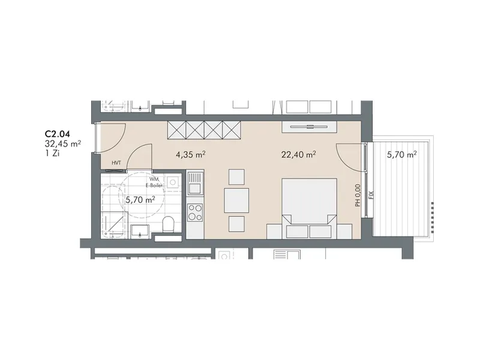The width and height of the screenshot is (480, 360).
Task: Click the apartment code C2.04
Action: [57, 134]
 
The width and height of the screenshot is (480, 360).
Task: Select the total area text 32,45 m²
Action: [63, 143]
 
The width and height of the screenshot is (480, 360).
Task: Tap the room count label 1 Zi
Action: [52, 154]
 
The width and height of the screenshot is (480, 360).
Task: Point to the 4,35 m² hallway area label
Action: [190, 155]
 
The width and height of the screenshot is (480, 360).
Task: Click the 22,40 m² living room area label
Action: [298, 155]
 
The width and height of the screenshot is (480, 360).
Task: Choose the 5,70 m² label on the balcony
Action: [401, 155]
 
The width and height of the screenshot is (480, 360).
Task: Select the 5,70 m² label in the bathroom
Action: [140, 200]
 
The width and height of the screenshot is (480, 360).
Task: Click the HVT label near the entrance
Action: [116, 163]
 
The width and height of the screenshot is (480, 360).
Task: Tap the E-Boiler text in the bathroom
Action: [156, 185]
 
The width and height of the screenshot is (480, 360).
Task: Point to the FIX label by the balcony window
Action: [371, 194]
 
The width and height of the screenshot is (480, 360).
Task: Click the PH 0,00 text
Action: [358, 195]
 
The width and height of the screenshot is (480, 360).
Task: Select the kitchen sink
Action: [196, 183]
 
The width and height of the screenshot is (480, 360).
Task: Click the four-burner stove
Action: [196, 212]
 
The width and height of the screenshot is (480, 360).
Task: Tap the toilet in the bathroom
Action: [168, 224]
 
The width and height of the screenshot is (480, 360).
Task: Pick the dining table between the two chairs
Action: [236, 200]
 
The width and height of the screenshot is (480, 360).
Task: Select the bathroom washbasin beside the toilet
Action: [140, 232]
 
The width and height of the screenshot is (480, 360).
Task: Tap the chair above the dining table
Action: [236, 177]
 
